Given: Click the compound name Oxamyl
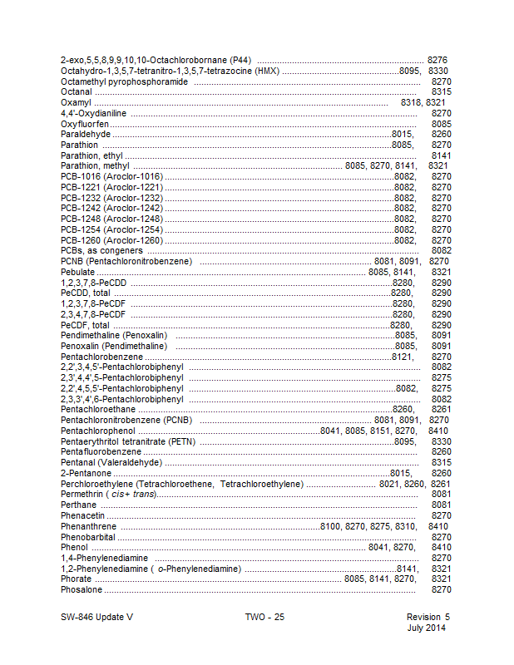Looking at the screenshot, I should (x=76, y=102).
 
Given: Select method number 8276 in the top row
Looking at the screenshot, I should (x=437, y=61).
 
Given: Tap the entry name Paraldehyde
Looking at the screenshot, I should (x=86, y=134).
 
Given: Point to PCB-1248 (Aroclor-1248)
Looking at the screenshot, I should (x=111, y=219).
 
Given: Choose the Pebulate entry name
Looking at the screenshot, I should (x=77, y=271).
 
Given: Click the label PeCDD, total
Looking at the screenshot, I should (x=86, y=293).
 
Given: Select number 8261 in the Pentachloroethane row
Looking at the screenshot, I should (x=441, y=409).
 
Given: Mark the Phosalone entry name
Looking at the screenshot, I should (x=82, y=589).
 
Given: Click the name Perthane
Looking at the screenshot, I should (x=78, y=505).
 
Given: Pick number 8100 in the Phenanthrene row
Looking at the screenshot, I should (x=331, y=526).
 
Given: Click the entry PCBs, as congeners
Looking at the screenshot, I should (x=101, y=250).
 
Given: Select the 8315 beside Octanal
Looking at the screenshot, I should (x=441, y=91).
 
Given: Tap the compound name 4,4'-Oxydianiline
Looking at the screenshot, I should (x=93, y=113).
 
